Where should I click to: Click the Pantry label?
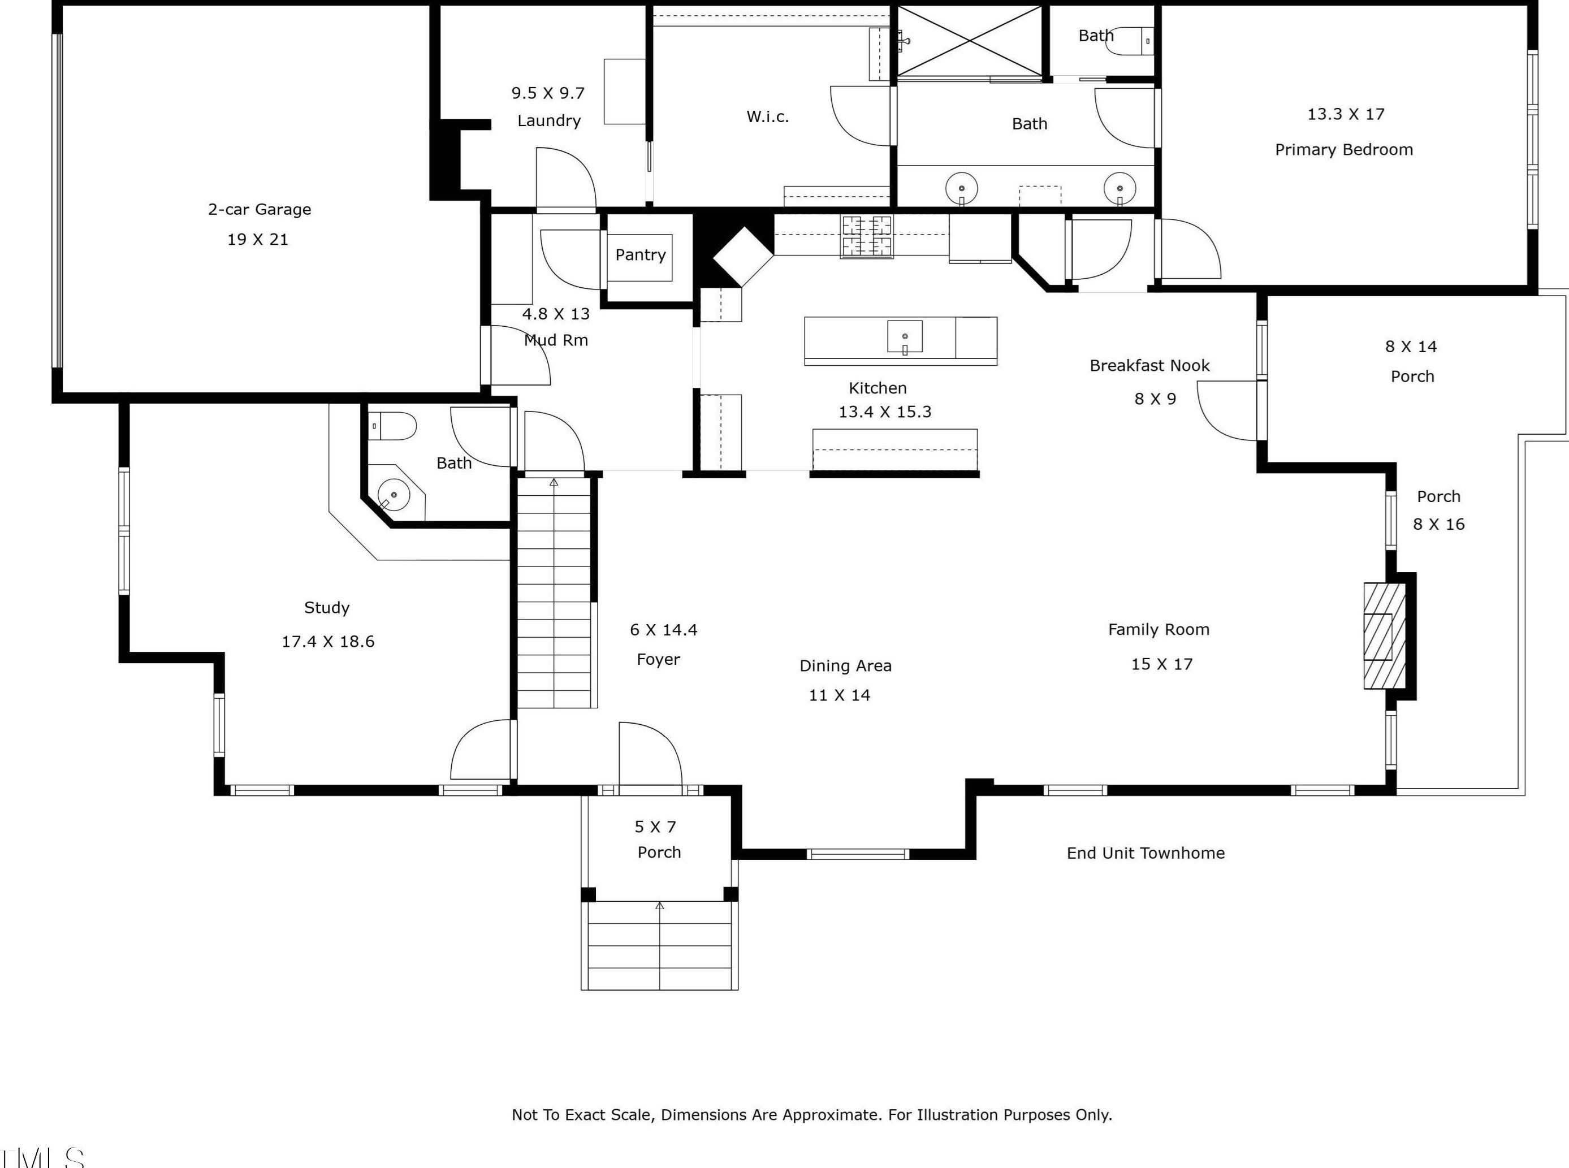640,255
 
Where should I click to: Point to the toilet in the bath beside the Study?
393,426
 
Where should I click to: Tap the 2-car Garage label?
260,209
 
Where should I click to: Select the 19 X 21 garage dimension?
257,240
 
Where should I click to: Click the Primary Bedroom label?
1343,150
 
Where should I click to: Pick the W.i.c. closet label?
767,116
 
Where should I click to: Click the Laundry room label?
548,121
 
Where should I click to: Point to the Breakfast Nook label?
1149,366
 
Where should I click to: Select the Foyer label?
658,660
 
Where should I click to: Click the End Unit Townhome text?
1146,853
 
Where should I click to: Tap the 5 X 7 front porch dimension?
655,827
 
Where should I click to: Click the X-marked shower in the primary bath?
970,40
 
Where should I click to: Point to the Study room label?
327,608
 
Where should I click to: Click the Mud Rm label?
556,340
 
